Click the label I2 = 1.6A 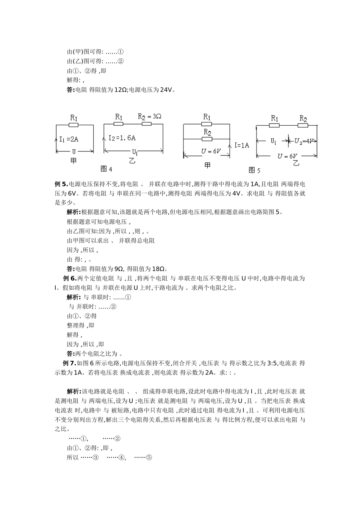click(122, 138)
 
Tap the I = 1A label click(242, 145)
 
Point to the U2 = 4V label click(305, 141)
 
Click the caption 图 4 click(106, 169)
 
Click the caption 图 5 click(254, 170)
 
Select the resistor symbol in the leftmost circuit click(74, 125)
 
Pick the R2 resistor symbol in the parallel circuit click(207, 139)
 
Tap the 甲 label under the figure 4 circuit click(74, 161)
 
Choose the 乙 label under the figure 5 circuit click(296, 163)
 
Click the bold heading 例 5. click(61, 184)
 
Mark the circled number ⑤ click(149, 457)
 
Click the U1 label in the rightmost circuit click(273, 141)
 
